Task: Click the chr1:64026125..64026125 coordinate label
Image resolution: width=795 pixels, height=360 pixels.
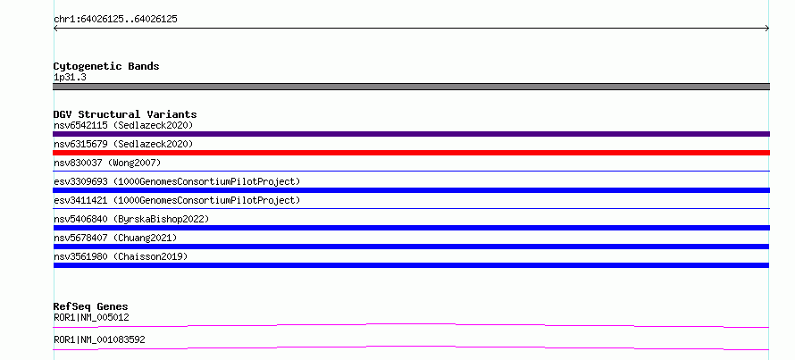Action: [x=115, y=20]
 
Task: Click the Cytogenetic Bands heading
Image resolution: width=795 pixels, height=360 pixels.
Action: [x=106, y=66]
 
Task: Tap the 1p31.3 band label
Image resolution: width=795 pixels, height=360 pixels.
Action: [x=70, y=77]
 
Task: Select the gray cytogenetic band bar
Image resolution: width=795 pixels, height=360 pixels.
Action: [x=411, y=87]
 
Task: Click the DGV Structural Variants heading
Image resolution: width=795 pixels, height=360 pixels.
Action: [x=125, y=114]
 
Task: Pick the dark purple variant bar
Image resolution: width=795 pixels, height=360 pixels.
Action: [x=411, y=134]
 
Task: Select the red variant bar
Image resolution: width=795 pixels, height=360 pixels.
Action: [x=411, y=153]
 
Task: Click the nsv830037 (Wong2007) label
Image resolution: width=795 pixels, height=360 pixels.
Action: [x=107, y=163]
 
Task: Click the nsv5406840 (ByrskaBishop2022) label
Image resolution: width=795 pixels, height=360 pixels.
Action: [x=131, y=219]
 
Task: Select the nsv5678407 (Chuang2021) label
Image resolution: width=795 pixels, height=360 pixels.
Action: [x=115, y=238]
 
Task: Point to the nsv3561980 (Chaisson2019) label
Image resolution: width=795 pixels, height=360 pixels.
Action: [x=121, y=256]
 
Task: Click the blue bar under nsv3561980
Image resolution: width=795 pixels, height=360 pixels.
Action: [x=411, y=265]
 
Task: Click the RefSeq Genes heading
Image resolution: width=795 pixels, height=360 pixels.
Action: [x=91, y=306]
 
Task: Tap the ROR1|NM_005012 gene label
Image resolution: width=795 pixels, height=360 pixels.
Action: [x=91, y=318]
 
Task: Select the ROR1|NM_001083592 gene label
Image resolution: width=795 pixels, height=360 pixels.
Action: [x=99, y=339]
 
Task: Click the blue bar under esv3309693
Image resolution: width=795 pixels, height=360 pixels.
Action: [x=411, y=190]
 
